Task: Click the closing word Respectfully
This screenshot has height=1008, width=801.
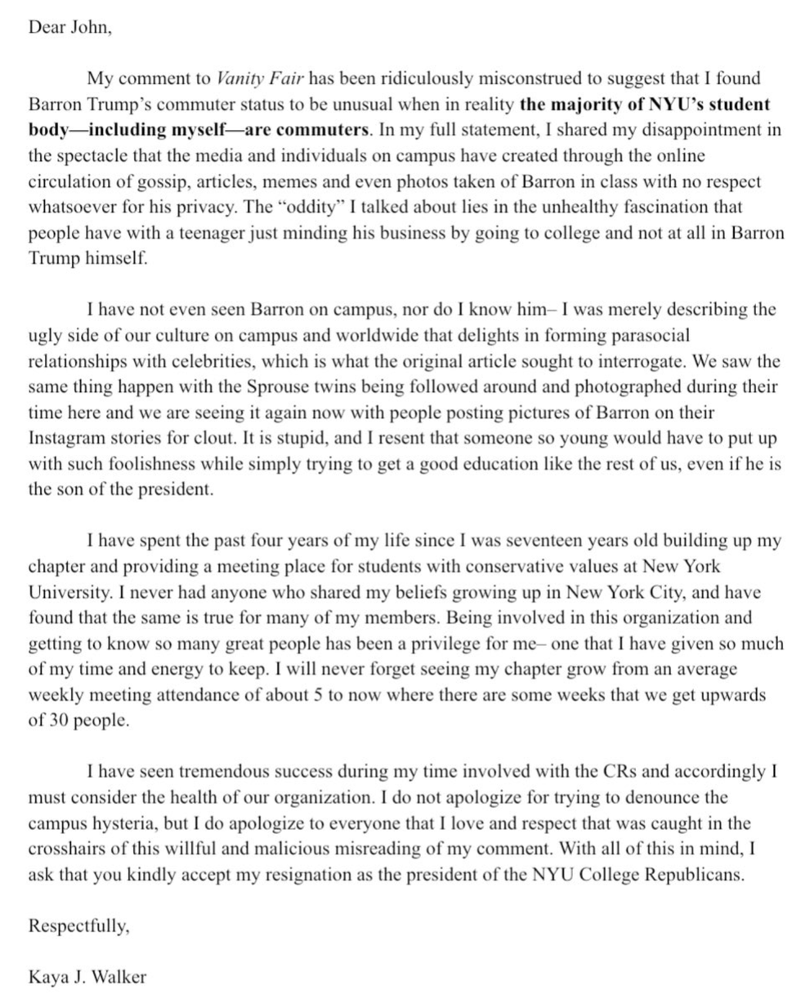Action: pyautogui.click(x=78, y=926)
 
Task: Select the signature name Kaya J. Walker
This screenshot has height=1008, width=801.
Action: pyautogui.click(x=87, y=977)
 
